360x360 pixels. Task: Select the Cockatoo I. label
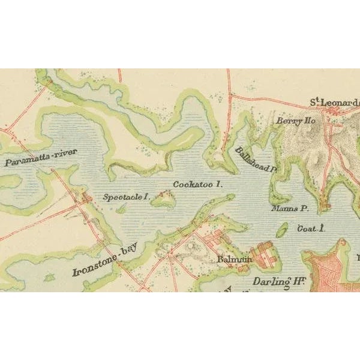pyautogui.click(x=197, y=185)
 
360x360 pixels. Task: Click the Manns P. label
pyautogui.click(x=289, y=210)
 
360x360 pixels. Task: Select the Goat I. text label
pyautogui.click(x=311, y=229)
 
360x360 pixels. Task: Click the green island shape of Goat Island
pyautogui.click(x=281, y=230)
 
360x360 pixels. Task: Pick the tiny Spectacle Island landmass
pyautogui.click(x=121, y=209)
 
